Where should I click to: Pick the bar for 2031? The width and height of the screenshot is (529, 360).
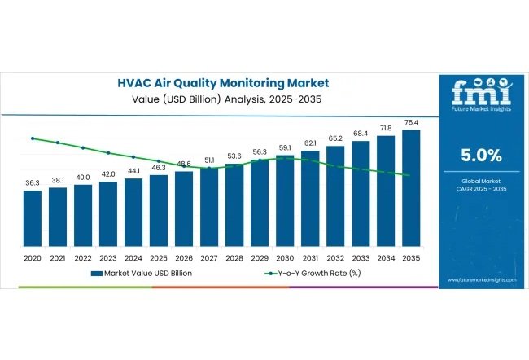point(310,200)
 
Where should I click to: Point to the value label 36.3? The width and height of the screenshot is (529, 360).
point(33,183)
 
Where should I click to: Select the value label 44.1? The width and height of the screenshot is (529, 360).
point(133,171)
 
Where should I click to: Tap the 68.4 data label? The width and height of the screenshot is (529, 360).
point(361,134)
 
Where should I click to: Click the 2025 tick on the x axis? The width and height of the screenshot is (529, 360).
point(159,257)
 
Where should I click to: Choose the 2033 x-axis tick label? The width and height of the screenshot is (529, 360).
point(361,257)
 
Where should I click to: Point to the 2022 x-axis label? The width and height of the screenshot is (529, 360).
point(83,257)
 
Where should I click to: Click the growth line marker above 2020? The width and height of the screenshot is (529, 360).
point(33,138)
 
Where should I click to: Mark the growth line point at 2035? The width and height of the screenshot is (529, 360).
point(411,175)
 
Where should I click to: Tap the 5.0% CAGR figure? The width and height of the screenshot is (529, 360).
point(482,155)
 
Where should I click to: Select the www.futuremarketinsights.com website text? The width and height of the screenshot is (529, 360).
point(482,280)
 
